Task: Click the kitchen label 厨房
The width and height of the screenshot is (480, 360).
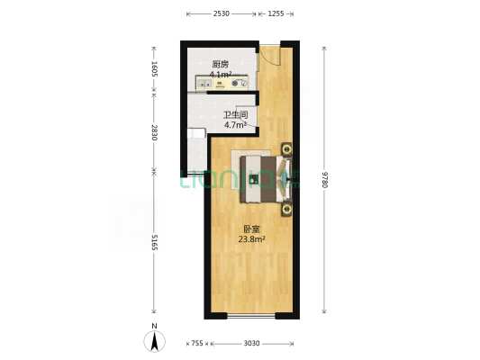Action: coord(221,65)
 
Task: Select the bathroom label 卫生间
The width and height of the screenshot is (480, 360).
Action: coord(235,115)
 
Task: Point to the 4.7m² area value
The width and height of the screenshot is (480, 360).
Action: coord(235,125)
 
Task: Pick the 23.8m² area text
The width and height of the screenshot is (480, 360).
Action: coord(251,239)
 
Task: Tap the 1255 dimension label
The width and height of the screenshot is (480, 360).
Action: coord(276,13)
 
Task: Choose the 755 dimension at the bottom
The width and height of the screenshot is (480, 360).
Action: coord(198,343)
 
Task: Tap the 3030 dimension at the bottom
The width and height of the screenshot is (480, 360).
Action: coord(251,343)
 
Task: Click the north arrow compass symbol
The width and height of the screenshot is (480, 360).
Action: coord(154,340)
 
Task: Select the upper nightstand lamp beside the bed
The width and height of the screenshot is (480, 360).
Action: coord(286,148)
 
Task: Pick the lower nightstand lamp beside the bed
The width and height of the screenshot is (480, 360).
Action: coord(286,211)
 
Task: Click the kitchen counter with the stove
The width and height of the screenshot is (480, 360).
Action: coord(226,85)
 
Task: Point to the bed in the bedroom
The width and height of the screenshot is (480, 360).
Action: coord(264,179)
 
